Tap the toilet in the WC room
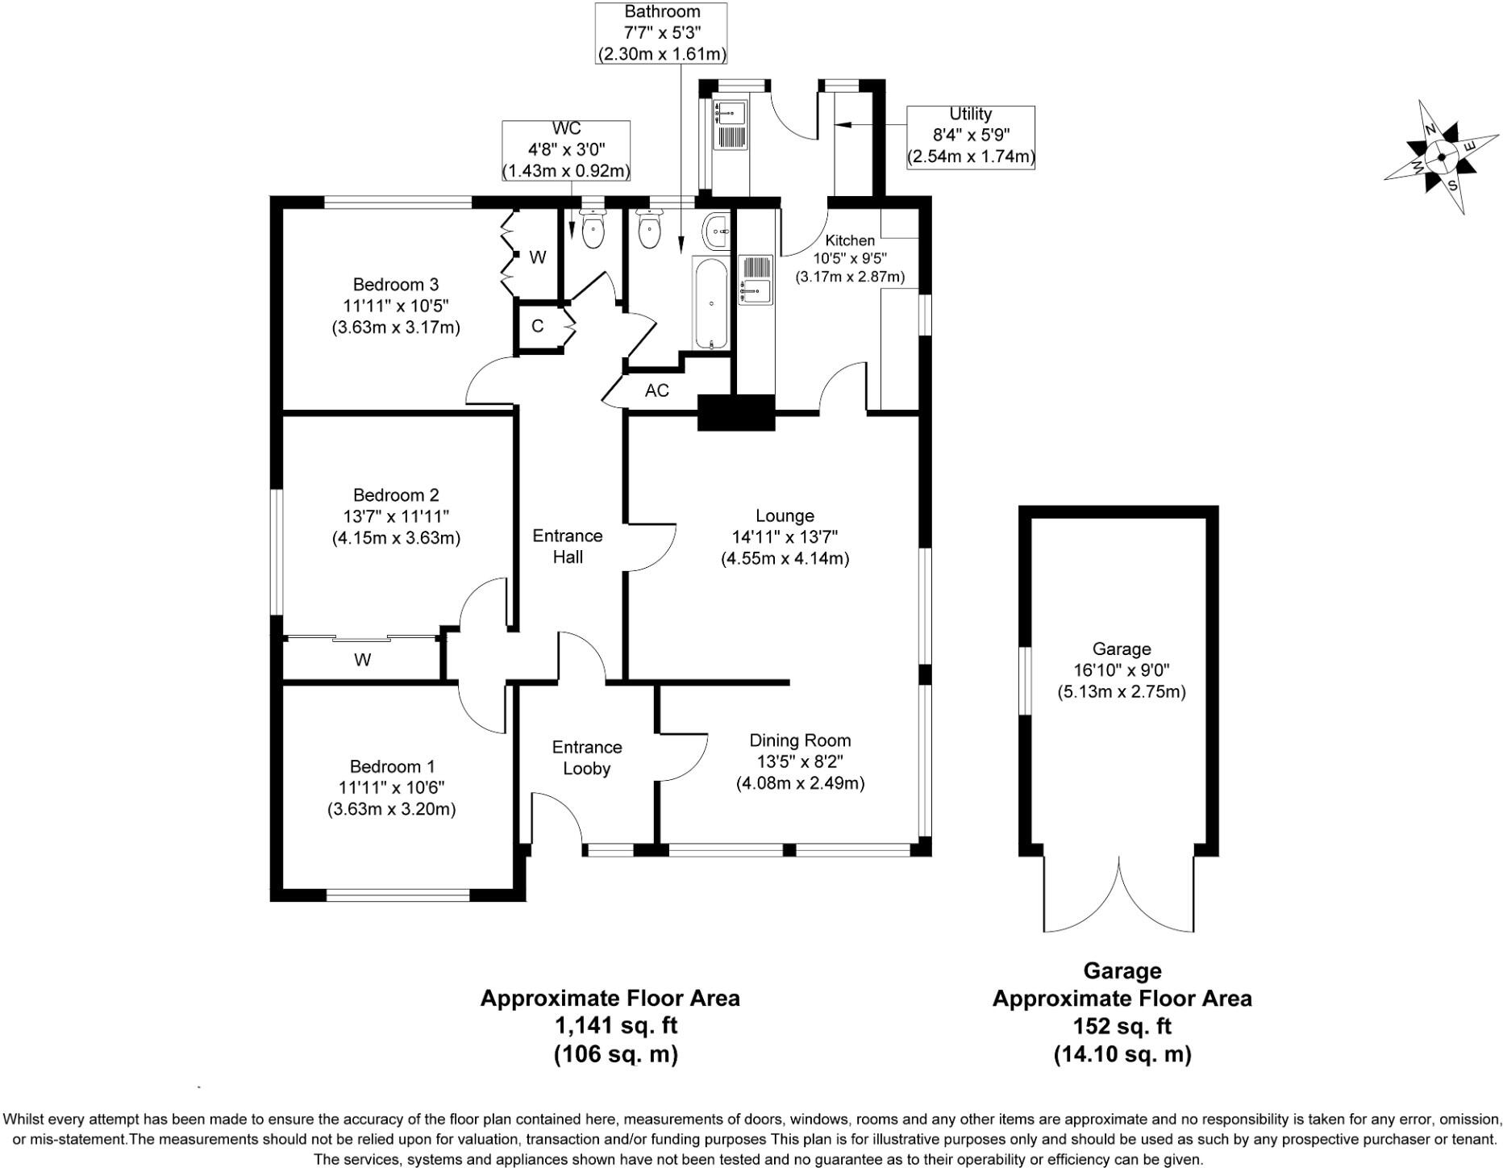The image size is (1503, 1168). pos(593,229)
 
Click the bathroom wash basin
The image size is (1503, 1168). pos(716,232)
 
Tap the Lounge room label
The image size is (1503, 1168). pos(785,515)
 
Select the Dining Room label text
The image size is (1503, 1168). pos(800,740)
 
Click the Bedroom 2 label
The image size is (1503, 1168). pos(396,495)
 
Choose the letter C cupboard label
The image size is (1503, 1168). pos(538,327)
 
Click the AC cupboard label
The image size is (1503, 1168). pos(657,390)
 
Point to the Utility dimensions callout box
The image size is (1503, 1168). pos(970,136)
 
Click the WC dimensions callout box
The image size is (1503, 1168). pos(566,150)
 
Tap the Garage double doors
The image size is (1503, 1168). pos(1118,895)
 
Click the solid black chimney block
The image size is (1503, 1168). pos(735,412)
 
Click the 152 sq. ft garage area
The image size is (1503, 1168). pos(1122,1026)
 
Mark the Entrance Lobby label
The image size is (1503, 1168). pos(586,758)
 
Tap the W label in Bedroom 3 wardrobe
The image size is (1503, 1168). pos(538,257)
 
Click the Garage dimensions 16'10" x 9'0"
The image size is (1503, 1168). pos(1121,670)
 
